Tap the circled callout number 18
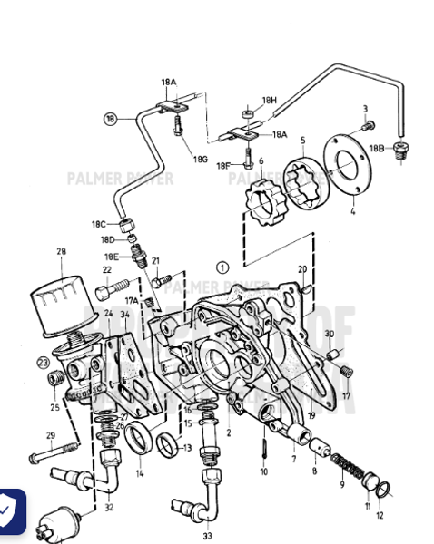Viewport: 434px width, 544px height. click(111, 119)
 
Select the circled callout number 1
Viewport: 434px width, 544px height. click(222, 267)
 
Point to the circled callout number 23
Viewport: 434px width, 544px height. click(42, 363)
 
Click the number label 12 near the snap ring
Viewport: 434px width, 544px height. click(380, 515)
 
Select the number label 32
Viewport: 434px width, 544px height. click(109, 508)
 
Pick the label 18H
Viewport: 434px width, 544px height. click(269, 100)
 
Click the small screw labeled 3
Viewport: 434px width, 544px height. click(370, 124)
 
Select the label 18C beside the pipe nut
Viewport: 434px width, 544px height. click(97, 224)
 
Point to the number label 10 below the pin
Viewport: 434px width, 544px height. click(263, 472)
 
